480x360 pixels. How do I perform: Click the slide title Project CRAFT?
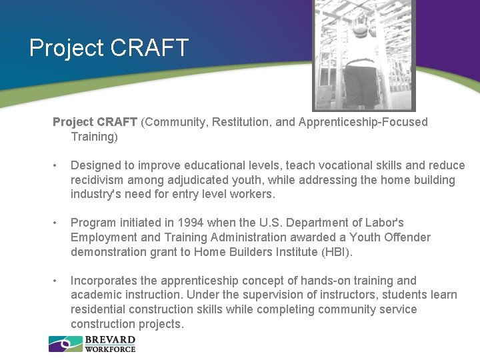coord(109,48)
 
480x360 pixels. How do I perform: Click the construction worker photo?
coord(364,55)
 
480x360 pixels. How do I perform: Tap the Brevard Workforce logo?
coord(92,344)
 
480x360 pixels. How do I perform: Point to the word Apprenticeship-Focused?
coord(363,122)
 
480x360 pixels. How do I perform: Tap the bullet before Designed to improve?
coord(59,165)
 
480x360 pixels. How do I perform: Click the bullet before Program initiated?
coord(59,223)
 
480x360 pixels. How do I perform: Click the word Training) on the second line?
coord(94,137)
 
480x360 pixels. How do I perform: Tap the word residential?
coord(100,309)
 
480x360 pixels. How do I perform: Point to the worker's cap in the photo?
coord(361,29)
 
